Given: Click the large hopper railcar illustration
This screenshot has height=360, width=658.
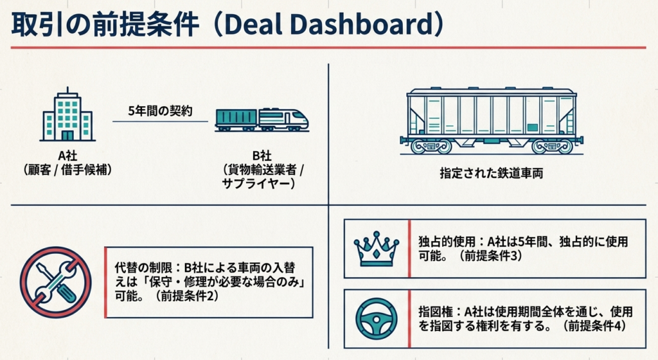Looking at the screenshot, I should click(x=492, y=121).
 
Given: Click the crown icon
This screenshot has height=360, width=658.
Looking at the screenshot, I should click(x=376, y=248).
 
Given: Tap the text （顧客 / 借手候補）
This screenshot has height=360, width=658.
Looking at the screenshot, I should click(x=67, y=170).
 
